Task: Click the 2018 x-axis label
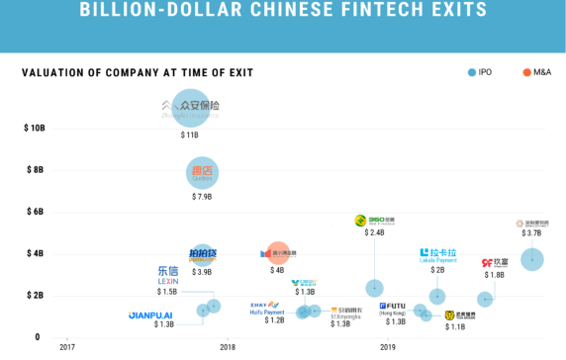pos(227,347)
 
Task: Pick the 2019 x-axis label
pos(387,347)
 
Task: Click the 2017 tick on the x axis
pos(66,347)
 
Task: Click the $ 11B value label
pos(189,135)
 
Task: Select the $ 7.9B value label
pos(202,197)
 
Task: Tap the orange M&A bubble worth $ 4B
pos(278,254)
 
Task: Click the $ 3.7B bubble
pos(532,259)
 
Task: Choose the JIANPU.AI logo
pos(150,315)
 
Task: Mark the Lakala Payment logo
pos(438,256)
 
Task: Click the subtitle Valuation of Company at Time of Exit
pos(138,72)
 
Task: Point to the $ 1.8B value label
pos(495,275)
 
